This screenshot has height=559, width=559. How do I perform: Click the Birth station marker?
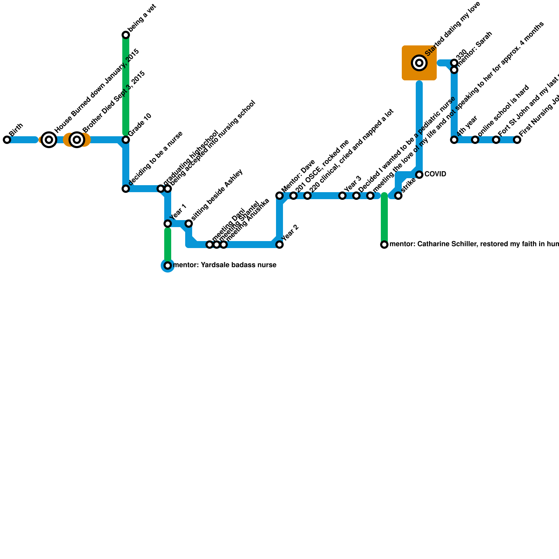pos(7,140)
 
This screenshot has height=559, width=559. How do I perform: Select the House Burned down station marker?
pos(49,140)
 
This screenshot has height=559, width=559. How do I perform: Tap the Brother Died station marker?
pos(77,140)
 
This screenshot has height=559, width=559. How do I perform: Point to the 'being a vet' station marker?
pos(126,35)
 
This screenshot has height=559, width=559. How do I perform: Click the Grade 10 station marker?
pos(126,140)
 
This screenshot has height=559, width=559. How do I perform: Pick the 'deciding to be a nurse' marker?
pos(126,189)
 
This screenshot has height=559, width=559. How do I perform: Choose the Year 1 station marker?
pos(168,224)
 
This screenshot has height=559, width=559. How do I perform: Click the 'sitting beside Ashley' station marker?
pos(189,224)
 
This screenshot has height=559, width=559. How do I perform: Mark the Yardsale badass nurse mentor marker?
pos(168,266)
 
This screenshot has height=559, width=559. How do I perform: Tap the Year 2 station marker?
pos(279,245)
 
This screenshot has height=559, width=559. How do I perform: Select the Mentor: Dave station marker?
pos(279,196)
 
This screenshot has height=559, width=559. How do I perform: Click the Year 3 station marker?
pos(342,196)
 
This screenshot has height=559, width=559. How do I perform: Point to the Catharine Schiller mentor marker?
pos(384,245)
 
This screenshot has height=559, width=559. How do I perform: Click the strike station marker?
pos(398,196)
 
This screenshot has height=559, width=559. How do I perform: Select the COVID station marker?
pos(419,175)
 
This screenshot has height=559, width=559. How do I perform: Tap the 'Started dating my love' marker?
pos(419,63)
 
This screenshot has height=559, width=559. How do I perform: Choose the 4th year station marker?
pos(454,140)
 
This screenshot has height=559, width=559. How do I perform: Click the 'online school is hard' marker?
pos(475,140)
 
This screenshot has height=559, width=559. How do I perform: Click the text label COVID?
pos(435,174)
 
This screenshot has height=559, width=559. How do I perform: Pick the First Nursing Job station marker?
pos(517,140)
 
